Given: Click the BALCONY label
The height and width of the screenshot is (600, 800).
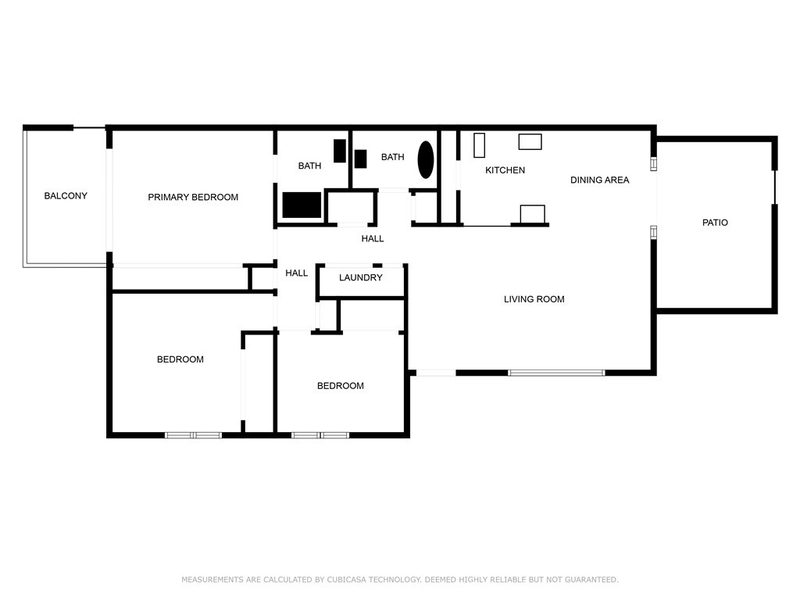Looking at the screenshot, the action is [66, 196].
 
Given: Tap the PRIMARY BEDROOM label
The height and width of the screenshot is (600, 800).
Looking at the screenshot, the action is [193, 198].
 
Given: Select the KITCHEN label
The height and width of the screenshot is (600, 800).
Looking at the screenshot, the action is [505, 170].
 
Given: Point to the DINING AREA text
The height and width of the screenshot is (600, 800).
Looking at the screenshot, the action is [599, 180].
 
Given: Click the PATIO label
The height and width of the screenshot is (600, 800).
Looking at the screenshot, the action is [715, 223].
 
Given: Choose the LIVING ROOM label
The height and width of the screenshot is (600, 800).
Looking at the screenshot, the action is [534, 299].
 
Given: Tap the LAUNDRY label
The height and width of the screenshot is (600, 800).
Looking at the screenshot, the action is [361, 277].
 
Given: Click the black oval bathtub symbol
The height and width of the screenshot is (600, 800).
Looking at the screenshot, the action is [426, 159].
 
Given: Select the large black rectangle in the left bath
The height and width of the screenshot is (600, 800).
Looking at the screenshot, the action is [302, 205].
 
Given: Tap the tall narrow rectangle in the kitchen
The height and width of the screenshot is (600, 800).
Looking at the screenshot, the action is [479, 145].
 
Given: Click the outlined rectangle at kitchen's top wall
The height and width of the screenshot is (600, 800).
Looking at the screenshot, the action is [530, 142].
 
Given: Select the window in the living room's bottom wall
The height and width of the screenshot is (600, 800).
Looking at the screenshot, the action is [556, 373].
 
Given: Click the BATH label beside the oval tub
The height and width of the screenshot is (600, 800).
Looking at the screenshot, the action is [392, 157].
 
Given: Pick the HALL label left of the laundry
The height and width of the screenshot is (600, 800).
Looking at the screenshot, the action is [296, 273].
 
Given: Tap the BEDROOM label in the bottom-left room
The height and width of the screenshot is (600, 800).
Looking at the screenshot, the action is [180, 359].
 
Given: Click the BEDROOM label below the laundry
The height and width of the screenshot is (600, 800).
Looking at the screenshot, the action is [341, 386].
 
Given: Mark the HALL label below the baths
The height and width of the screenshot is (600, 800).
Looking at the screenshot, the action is [373, 239].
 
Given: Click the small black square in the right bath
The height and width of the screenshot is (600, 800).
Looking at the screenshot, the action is [361, 159].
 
